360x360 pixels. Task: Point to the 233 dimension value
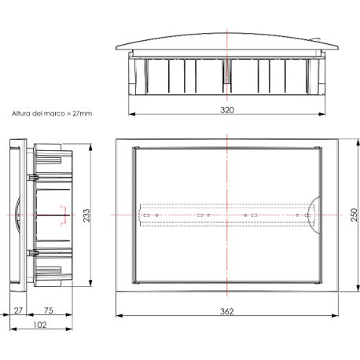click(x=86, y=214)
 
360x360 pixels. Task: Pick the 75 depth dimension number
click(x=49, y=311)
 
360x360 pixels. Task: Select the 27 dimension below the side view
click(x=17, y=311)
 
